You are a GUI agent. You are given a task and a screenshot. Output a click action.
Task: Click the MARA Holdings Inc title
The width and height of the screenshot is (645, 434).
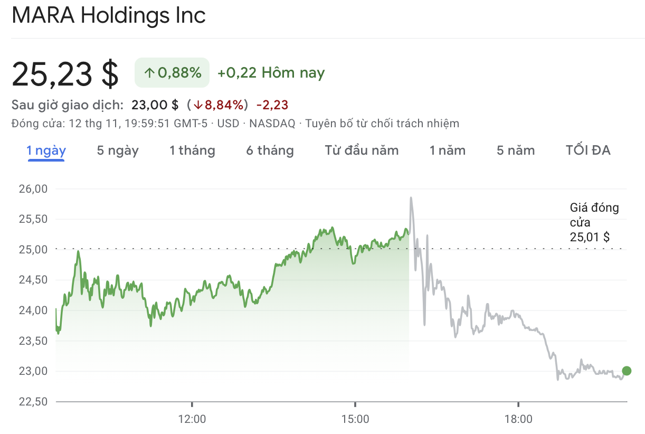108,16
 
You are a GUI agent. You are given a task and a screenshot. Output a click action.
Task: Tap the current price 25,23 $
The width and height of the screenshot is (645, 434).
65,73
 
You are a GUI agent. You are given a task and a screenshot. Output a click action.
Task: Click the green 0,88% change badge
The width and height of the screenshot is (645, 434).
172,73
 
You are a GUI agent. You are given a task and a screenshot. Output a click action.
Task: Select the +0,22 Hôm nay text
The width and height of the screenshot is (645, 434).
271,73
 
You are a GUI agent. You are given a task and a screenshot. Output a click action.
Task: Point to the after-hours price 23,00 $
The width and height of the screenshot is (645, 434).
155,105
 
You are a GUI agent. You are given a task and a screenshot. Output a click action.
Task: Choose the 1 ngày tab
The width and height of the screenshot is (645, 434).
46,150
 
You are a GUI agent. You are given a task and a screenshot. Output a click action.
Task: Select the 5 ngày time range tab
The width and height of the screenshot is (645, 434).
117,150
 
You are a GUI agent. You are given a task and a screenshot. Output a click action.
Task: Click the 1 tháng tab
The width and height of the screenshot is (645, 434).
192,150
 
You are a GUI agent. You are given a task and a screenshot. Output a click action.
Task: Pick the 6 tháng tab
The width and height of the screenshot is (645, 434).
270,150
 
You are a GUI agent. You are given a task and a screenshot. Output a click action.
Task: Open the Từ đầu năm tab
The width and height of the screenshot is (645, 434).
362,150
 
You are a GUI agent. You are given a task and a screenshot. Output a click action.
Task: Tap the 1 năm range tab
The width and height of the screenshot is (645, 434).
447,150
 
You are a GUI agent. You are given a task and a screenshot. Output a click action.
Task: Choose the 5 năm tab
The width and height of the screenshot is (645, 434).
515,150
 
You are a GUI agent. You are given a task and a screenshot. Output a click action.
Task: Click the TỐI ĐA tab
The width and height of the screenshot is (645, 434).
588,150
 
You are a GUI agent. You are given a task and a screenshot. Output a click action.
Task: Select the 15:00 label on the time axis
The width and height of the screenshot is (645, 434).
355,419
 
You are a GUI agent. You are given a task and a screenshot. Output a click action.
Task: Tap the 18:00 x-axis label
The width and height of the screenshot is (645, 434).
518,419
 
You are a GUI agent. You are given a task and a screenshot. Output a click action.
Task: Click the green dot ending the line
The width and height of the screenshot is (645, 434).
627,371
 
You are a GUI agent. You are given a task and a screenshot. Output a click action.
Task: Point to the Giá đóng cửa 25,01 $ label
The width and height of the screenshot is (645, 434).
594,222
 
